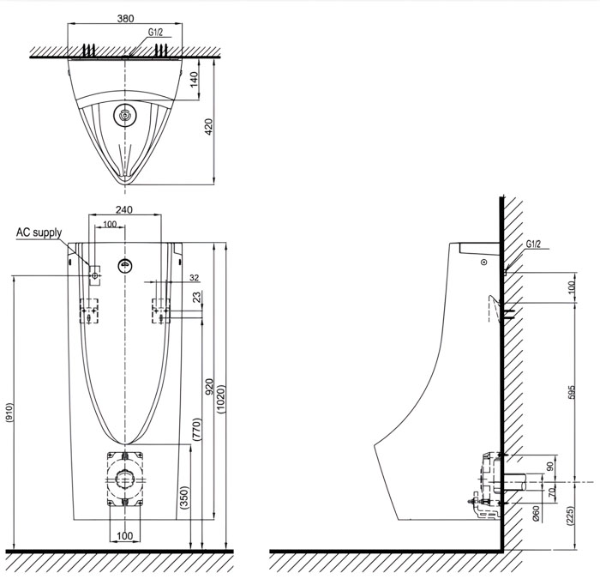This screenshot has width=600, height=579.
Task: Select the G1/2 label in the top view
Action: pyautogui.click(x=155, y=32)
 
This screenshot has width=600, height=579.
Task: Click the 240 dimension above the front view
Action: pyautogui.click(x=124, y=209)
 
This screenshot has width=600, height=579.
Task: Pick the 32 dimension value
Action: pyautogui.click(x=194, y=277)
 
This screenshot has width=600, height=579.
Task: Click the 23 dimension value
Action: pyautogui.click(x=197, y=297)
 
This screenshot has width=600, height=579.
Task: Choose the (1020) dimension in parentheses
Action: pyautogui.click(x=220, y=398)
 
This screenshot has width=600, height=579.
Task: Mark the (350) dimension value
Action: pyautogui.click(x=184, y=498)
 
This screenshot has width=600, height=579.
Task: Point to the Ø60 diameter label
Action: pyautogui.click(x=537, y=515)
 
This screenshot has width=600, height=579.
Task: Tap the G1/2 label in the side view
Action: pyautogui.click(x=533, y=244)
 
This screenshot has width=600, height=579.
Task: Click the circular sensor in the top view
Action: pyautogui.click(x=126, y=115)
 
